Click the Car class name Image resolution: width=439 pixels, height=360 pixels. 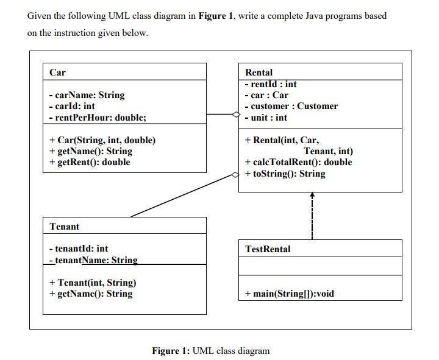pyautogui.click(x=57, y=72)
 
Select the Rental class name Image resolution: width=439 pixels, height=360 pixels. pyautogui.click(x=259, y=72)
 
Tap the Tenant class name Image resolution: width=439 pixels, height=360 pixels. pyautogui.click(x=64, y=227)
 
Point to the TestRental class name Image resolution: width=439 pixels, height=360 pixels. pyautogui.click(x=268, y=249)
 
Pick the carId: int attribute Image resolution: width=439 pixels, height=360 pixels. pyautogui.click(x=72, y=106)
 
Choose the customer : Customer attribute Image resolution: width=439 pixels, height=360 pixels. pyautogui.click(x=290, y=106)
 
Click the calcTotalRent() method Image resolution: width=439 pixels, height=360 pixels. pyautogui.click(x=298, y=162)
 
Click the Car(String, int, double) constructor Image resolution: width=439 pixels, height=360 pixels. pyautogui.click(x=102, y=140)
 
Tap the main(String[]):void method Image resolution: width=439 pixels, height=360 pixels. pyautogui.click(x=289, y=294)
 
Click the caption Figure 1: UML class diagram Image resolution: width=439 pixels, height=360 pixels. pyautogui.click(x=210, y=350)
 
